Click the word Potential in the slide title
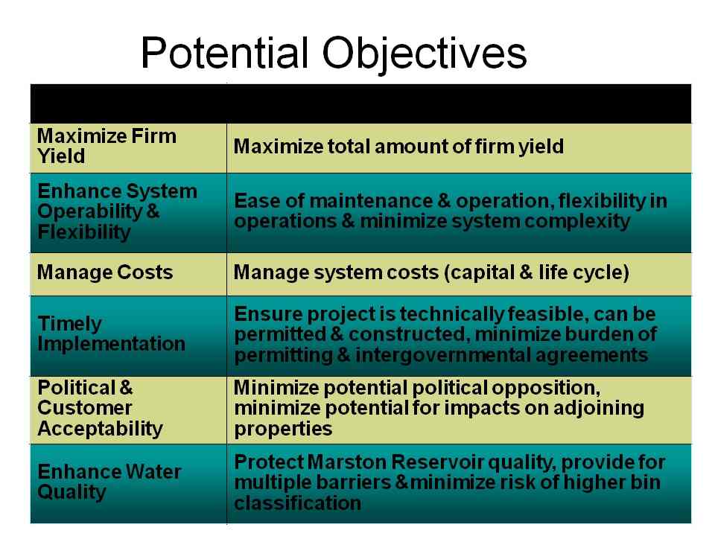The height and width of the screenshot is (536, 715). (224, 53)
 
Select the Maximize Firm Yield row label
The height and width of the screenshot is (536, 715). (107, 146)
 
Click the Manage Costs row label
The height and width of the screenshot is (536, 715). (105, 272)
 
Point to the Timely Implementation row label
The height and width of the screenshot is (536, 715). (111, 334)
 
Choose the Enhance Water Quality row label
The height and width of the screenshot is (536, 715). (109, 482)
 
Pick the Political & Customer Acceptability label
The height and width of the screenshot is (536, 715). (100, 409)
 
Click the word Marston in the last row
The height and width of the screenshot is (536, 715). (347, 462)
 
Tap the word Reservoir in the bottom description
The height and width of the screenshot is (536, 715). (437, 462)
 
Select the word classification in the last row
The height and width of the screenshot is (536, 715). (298, 502)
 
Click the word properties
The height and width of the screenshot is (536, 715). (283, 429)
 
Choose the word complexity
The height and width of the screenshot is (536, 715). (576, 222)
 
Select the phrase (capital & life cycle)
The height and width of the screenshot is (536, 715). (536, 272)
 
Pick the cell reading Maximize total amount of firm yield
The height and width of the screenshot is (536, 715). (398, 147)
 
